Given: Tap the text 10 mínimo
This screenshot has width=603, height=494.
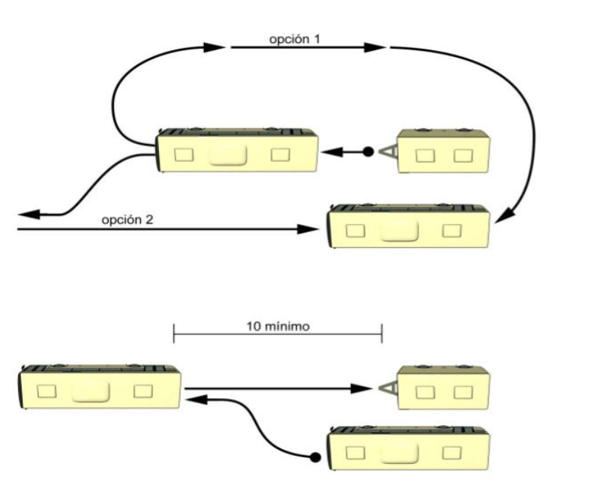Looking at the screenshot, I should [277, 326].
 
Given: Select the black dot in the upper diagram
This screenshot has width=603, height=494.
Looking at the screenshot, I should [368, 152].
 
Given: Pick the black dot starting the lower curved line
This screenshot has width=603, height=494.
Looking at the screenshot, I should [316, 456].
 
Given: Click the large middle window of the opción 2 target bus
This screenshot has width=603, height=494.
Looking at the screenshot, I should [399, 230].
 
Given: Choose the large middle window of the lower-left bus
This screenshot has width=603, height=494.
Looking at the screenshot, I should [91, 391].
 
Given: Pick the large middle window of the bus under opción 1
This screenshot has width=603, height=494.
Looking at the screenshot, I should [228, 154].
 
